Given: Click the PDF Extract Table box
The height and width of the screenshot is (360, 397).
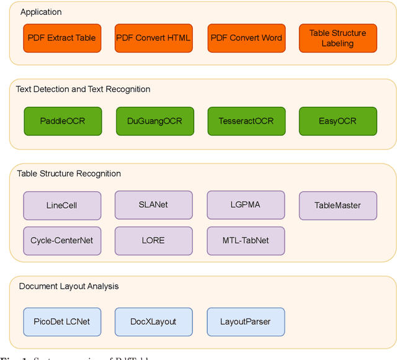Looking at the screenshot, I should [62, 38].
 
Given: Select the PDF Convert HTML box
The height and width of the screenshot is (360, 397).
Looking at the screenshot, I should [154, 38].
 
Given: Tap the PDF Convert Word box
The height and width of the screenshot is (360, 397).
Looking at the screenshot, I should [246, 38].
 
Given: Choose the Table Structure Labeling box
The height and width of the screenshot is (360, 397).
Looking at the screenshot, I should [337, 38].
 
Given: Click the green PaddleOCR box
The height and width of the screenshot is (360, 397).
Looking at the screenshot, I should [62, 120].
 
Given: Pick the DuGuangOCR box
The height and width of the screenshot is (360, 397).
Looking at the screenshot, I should [154, 120].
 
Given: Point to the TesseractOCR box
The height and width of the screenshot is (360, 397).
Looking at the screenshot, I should [246, 120].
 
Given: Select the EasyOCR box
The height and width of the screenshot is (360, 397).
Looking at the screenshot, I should [337, 120].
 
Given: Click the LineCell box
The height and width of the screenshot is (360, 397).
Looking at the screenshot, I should [62, 205].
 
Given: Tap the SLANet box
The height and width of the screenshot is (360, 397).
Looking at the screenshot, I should [153, 204].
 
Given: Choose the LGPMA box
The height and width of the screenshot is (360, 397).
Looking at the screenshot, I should [246, 204].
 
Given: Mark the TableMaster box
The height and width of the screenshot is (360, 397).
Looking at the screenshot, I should [337, 205].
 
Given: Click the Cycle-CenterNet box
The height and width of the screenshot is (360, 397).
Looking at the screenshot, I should [62, 240].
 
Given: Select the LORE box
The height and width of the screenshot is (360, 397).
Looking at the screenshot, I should [153, 240].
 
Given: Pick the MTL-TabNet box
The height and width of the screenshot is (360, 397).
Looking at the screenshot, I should [246, 240].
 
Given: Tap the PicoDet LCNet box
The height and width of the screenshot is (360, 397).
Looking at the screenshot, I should [62, 322].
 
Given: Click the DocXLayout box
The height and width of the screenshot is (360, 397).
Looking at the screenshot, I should [153, 322].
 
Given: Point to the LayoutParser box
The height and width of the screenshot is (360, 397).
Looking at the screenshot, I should [246, 322].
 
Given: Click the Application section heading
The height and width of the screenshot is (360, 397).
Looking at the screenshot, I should [41, 12].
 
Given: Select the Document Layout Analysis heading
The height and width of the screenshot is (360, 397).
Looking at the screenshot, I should [69, 286].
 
